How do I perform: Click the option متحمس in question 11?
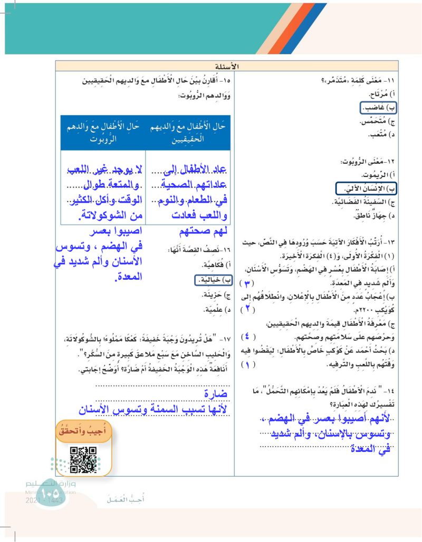[375, 122]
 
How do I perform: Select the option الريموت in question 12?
[376, 174]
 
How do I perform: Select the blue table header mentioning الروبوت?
[102, 132]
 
